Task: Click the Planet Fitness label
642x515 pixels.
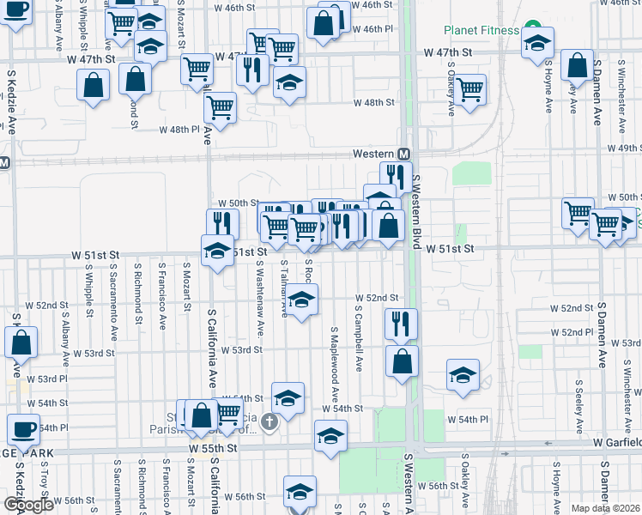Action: pos(481,30)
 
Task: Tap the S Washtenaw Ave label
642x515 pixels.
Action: pos(260,289)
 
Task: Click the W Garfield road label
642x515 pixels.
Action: pos(617,443)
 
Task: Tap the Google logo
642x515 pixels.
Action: pos(28,504)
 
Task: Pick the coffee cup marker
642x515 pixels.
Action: pos(24,429)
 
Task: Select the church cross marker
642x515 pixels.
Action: pos(270,421)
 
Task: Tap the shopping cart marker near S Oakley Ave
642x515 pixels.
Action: pos(469,89)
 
